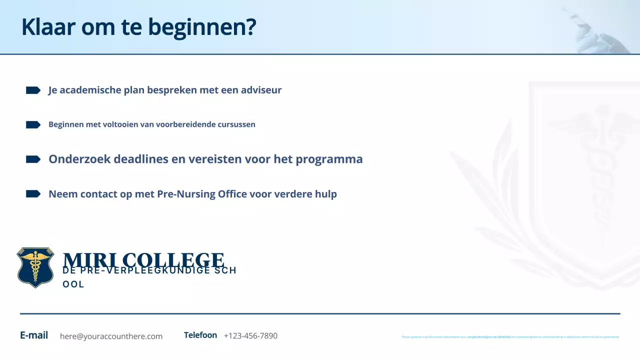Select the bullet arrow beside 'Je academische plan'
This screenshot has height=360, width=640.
(33, 90)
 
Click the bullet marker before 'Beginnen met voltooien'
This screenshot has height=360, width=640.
(33, 124)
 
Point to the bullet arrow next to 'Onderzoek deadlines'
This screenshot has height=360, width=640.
(33, 159)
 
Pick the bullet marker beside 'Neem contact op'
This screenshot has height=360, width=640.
(33, 193)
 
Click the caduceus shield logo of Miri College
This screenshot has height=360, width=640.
(35, 267)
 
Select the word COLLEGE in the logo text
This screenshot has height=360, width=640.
(173, 260)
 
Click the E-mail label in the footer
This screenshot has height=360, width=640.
(34, 335)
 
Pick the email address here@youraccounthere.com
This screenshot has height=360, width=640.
(111, 336)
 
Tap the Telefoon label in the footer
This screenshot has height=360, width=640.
(200, 335)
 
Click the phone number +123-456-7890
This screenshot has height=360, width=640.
(250, 336)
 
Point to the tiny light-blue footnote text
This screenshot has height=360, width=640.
(510, 337)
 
